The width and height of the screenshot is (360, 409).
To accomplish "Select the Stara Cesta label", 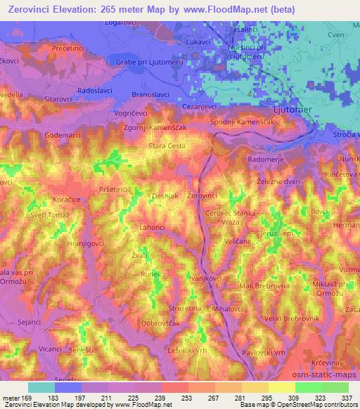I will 167,146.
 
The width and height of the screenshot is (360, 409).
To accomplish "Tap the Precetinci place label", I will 63,48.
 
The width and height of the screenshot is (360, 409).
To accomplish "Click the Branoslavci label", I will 153,94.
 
